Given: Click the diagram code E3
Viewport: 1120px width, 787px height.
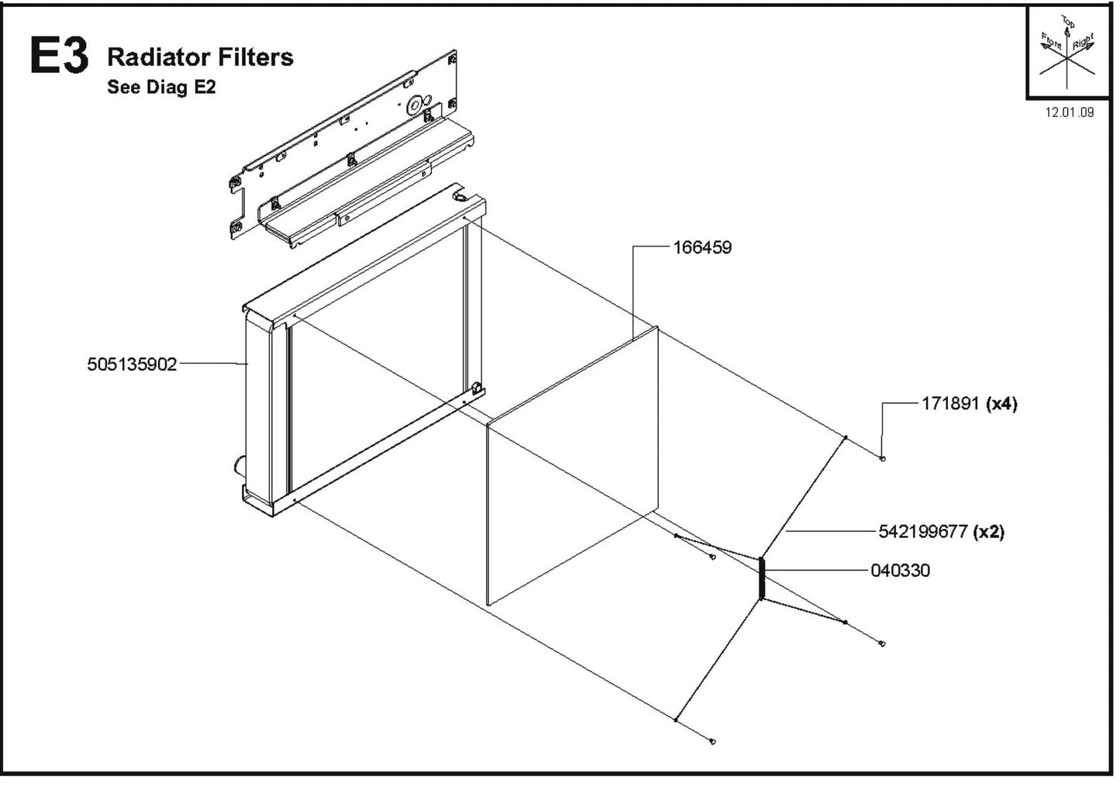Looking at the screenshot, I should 59,57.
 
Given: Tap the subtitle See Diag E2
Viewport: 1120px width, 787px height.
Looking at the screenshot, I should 161,87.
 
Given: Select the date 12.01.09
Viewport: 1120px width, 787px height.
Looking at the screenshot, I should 1070,112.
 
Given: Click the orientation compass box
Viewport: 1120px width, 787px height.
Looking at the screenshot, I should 1068,53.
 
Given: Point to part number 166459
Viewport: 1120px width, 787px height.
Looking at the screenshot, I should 701,248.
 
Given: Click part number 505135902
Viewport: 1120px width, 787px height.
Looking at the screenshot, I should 132,364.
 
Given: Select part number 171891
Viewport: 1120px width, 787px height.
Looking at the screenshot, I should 950,404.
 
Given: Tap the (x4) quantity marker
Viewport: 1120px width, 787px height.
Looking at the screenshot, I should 1001,404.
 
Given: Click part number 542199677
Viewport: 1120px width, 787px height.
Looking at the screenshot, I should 922,532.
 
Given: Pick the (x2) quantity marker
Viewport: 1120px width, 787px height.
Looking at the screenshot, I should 989,532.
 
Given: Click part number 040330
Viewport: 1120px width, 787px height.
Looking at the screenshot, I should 900,571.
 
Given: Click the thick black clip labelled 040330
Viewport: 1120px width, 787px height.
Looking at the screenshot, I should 762,578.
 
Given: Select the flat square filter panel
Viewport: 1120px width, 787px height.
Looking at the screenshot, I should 574,465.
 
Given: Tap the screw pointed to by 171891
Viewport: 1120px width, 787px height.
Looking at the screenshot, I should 883,459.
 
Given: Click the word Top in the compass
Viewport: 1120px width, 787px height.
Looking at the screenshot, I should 1068,23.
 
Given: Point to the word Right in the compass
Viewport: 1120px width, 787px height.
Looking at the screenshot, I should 1083,40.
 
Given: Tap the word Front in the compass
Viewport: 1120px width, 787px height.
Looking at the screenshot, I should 1052,40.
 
